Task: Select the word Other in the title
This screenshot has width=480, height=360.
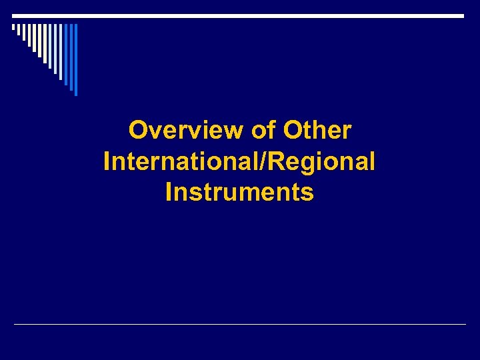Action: click(317, 130)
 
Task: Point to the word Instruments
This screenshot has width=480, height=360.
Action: click(239, 192)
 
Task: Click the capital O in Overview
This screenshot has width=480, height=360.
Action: click(137, 130)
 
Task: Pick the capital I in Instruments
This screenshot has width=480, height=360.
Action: click(169, 192)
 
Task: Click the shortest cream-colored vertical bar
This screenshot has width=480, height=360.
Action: click(13, 27)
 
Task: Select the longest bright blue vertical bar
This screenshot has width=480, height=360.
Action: click(76, 60)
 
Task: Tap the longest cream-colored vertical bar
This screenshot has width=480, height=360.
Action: click(45, 43)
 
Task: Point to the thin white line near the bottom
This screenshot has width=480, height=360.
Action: click(240, 325)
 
